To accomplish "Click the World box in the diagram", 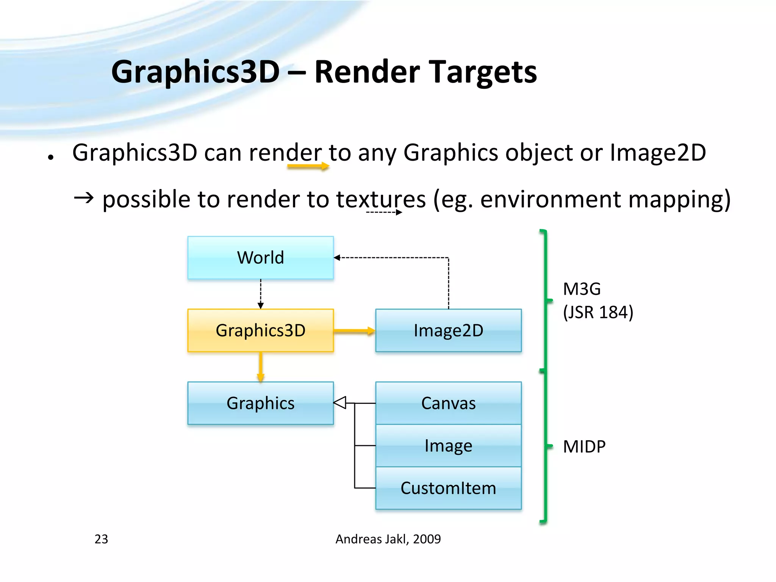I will click(x=260, y=258).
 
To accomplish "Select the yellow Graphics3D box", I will click(x=260, y=330).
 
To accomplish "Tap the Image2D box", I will click(x=448, y=330).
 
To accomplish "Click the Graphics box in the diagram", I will click(x=260, y=403).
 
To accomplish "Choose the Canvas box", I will click(x=448, y=403).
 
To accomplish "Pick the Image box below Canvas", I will click(x=448, y=446).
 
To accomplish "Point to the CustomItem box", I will click(x=448, y=488).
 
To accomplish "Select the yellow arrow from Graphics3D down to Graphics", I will click(x=260, y=367).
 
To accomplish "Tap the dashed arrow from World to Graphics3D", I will click(x=261, y=294).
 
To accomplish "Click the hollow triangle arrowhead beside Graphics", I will click(x=340, y=402).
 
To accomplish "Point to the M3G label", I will click(x=582, y=289).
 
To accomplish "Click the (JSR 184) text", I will click(x=598, y=312).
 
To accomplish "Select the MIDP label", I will click(x=584, y=447).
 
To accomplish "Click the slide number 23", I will click(x=101, y=539).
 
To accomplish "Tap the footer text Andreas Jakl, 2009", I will click(x=388, y=539).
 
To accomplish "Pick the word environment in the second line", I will click(x=550, y=199).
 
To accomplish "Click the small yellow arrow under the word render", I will click(x=308, y=166).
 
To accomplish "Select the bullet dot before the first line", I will click(x=50, y=157).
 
